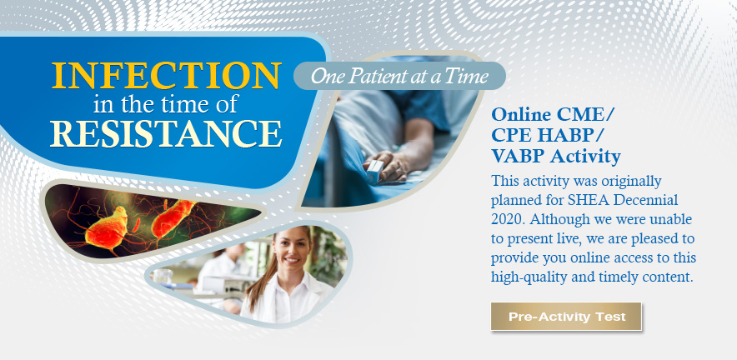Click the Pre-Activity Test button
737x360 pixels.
coord(566,317)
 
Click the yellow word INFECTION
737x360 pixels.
coord(167,75)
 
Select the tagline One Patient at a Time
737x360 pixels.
coord(399,76)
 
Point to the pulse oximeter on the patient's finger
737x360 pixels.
coord(375,171)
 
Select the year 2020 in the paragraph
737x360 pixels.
coord(506,219)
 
